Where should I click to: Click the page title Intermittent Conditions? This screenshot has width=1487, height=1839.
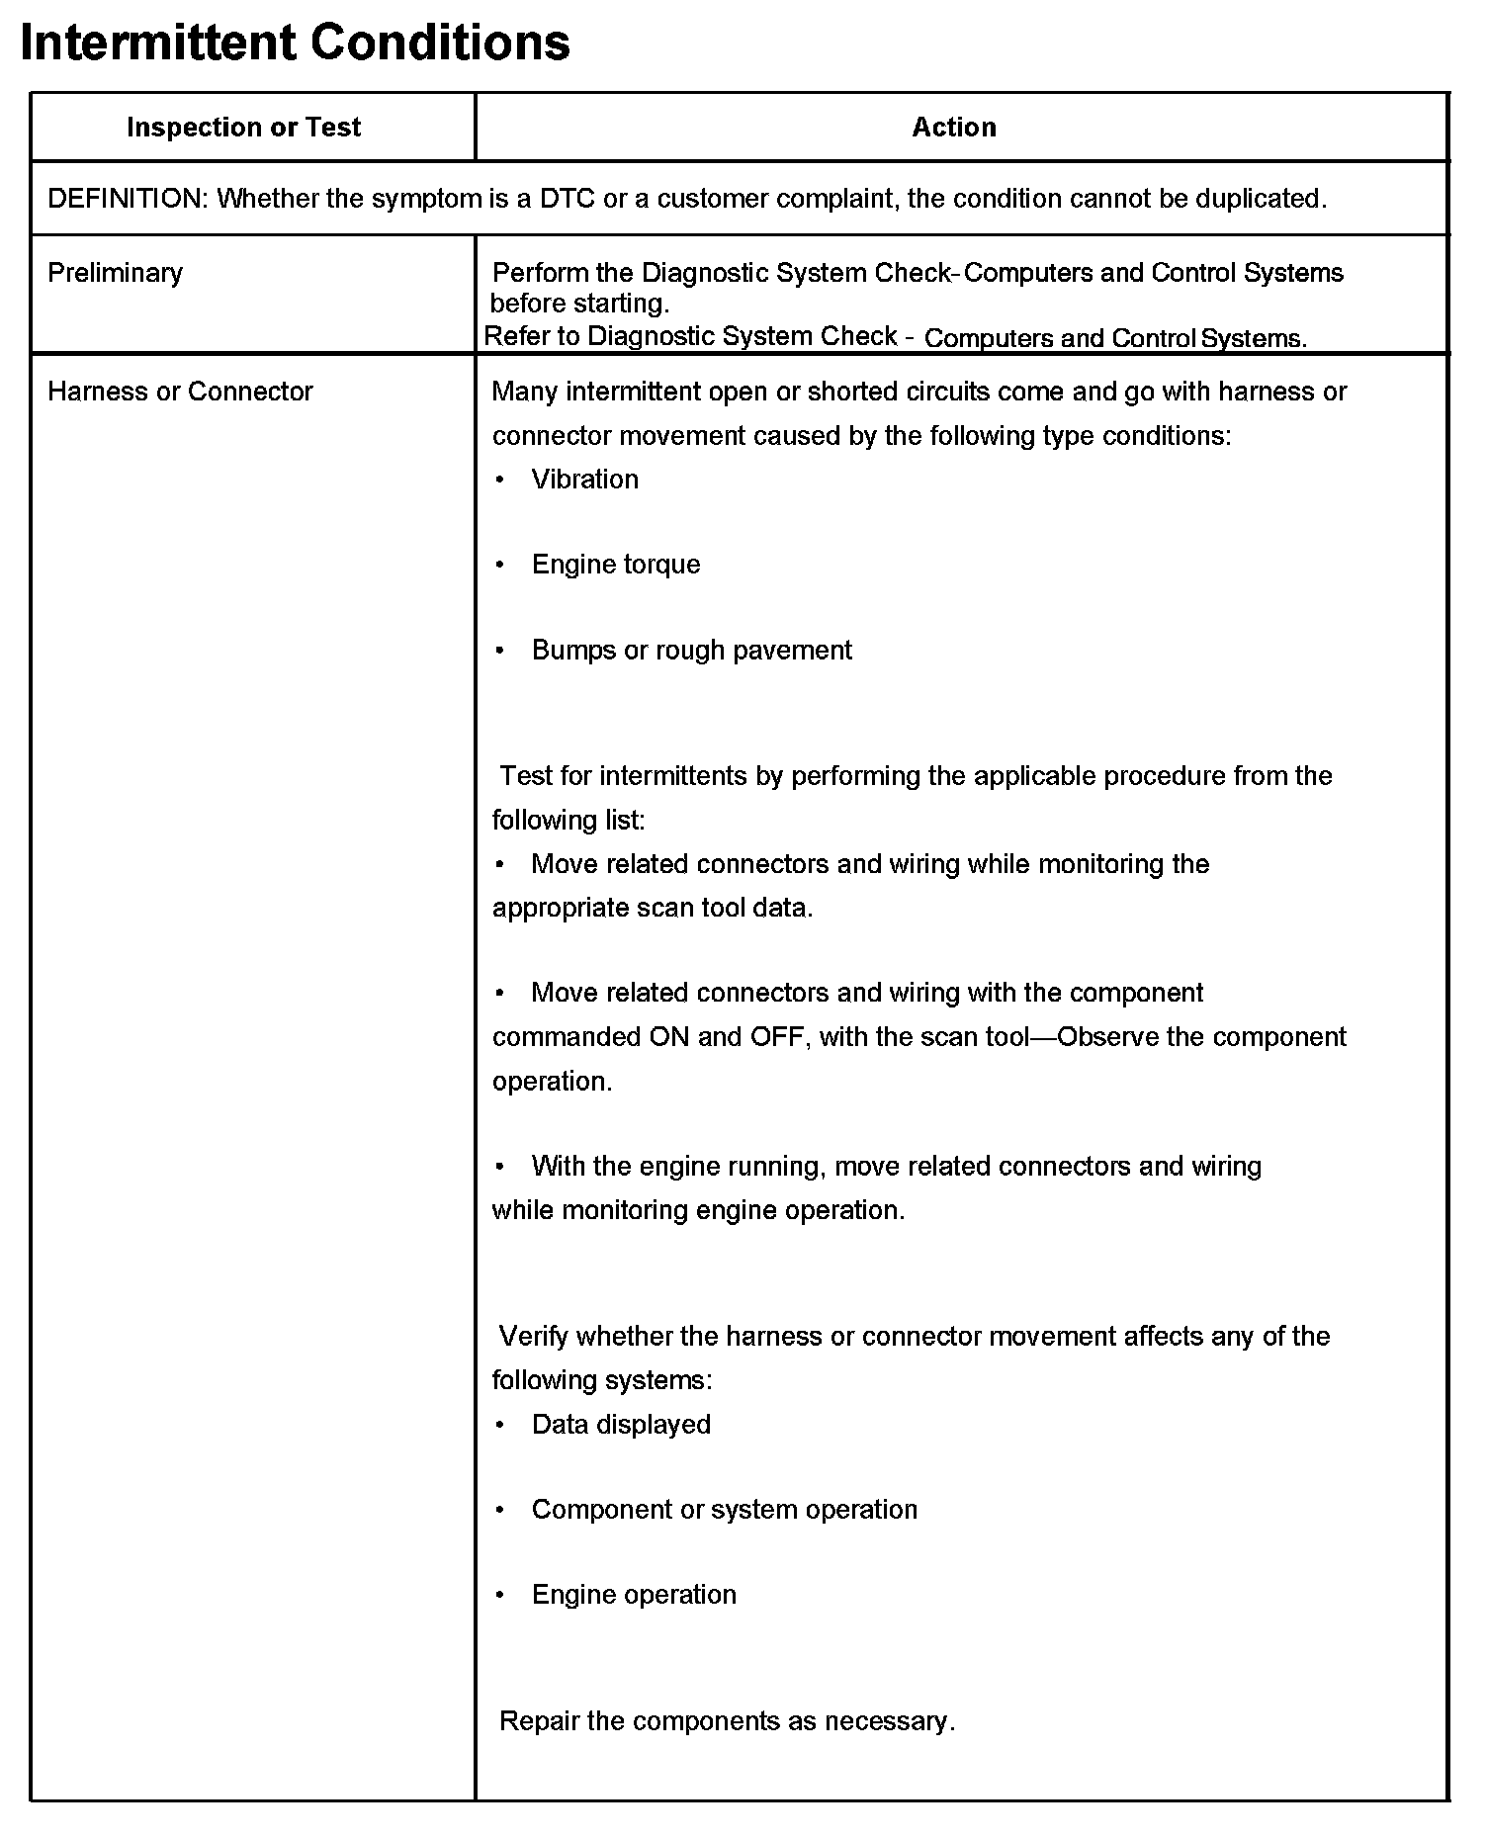(295, 44)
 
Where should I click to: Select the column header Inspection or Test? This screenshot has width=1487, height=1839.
(243, 128)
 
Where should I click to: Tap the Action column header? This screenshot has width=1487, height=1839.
(953, 128)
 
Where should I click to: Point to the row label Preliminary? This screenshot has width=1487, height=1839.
(115, 273)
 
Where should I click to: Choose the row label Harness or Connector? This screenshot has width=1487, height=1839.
(180, 392)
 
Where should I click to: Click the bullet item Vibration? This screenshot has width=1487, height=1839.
(584, 480)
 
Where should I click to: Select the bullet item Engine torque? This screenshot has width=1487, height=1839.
(615, 565)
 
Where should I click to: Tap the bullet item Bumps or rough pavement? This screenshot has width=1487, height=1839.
(691, 651)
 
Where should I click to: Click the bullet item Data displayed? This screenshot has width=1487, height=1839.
(621, 1425)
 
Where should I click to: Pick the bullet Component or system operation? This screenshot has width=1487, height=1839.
(724, 1510)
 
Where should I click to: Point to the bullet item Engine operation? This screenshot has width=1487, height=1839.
(634, 1595)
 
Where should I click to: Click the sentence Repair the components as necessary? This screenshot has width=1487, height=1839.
(727, 1721)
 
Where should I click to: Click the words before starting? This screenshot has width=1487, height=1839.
(579, 304)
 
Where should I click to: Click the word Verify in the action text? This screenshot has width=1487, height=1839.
(534, 1337)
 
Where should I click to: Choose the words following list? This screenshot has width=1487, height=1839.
(569, 821)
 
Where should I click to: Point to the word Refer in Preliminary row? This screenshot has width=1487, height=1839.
(516, 336)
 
